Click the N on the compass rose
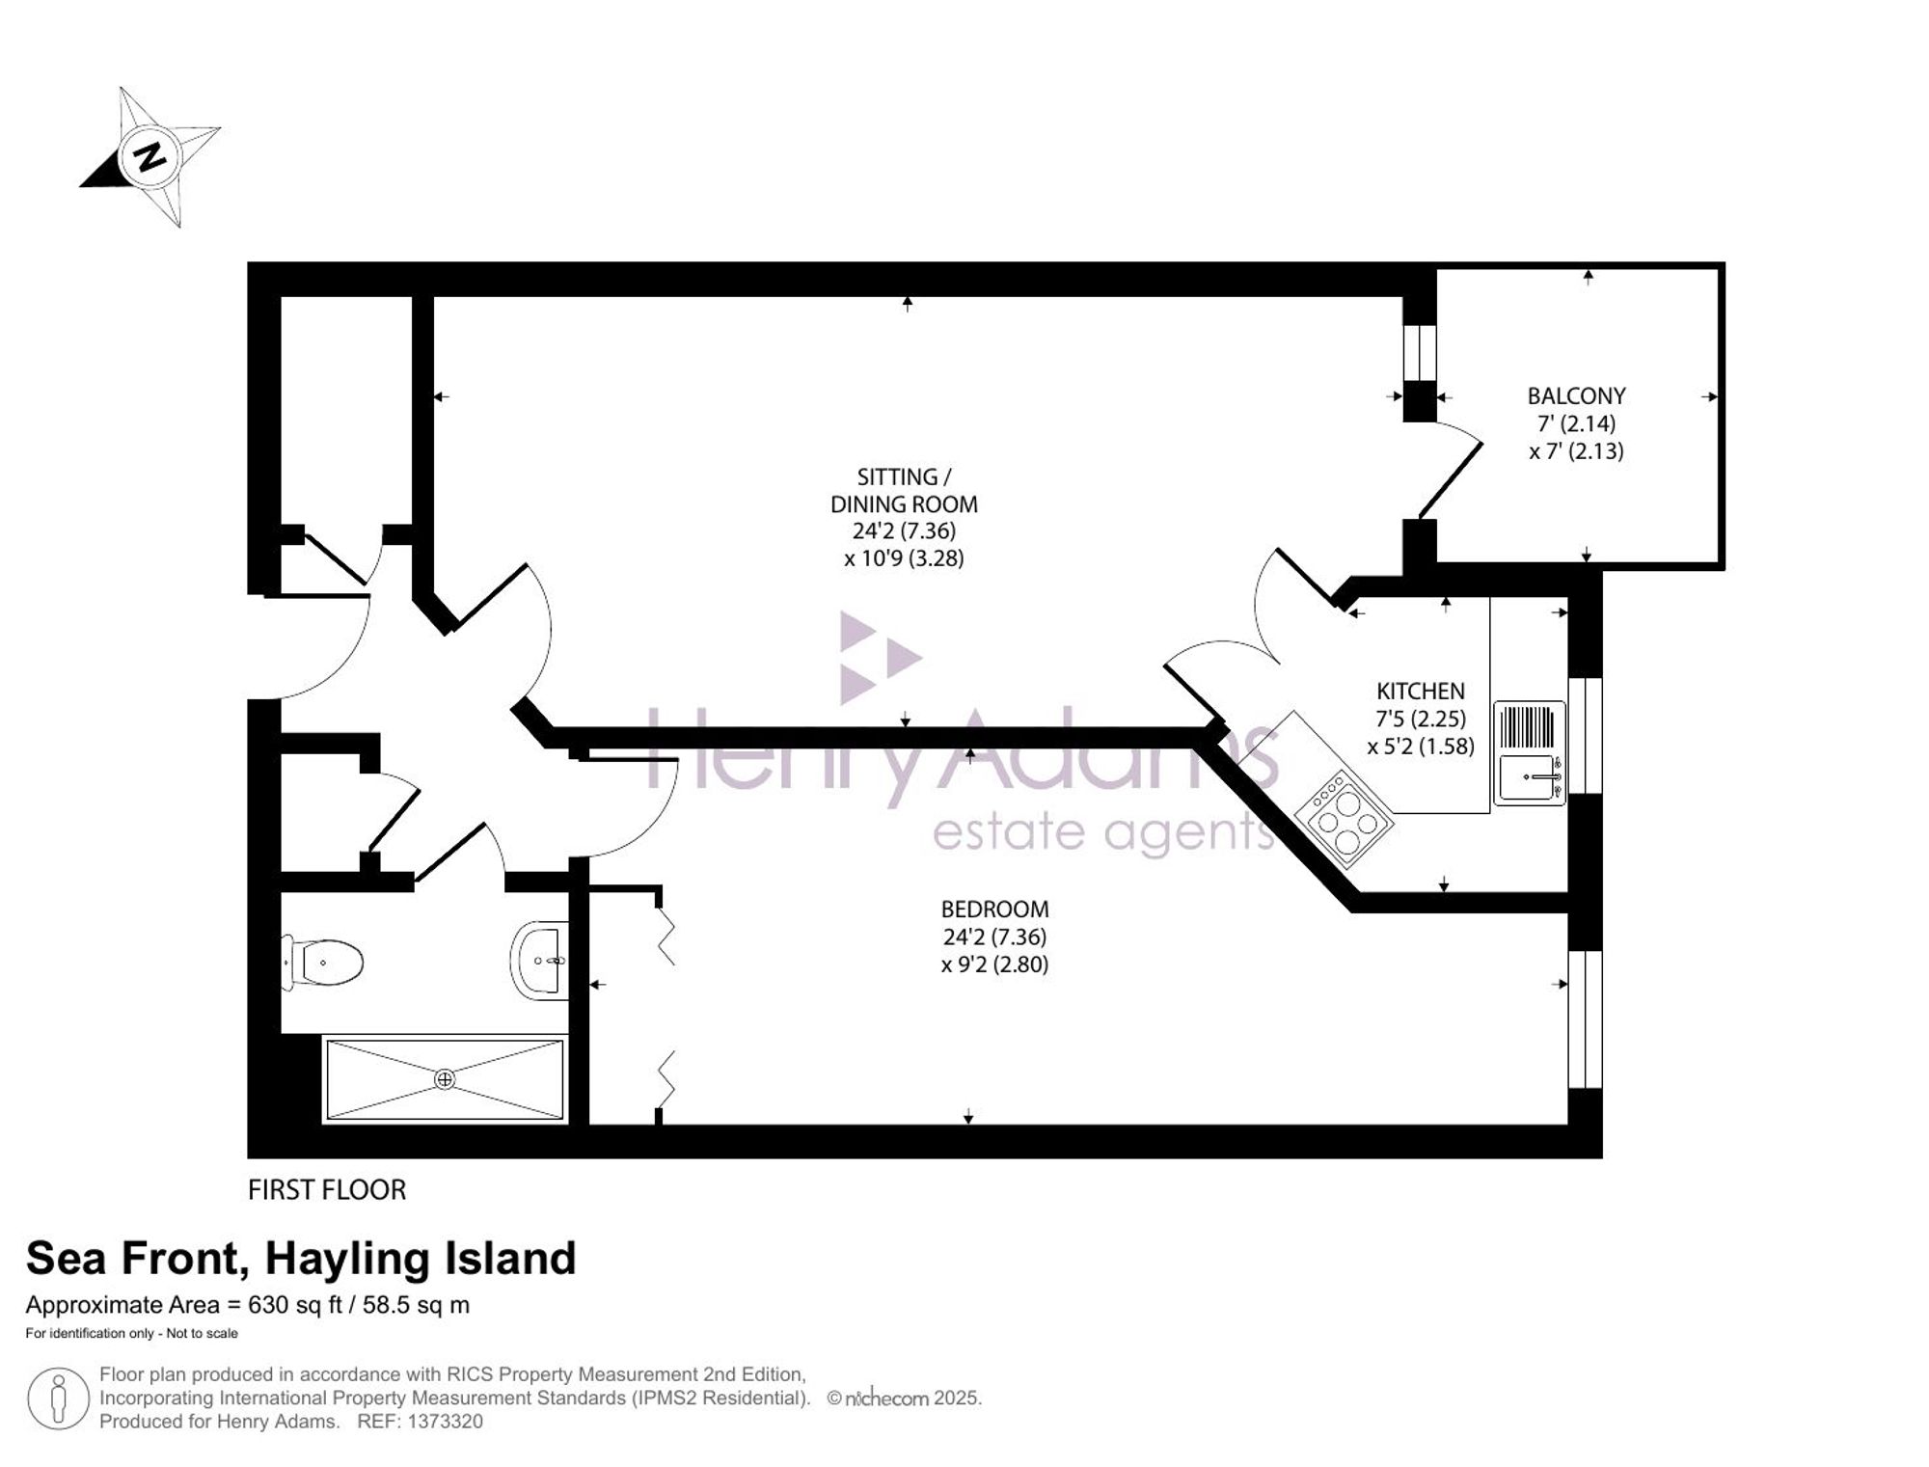click(149, 155)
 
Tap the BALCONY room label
click(1576, 396)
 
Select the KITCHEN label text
click(1420, 692)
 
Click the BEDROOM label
click(994, 910)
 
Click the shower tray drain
click(445, 1079)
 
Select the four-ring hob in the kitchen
click(1344, 812)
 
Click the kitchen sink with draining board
click(1529, 753)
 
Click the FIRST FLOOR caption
click(327, 1190)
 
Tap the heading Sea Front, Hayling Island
click(301, 1259)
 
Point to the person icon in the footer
click(58, 1399)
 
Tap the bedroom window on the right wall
click(1585, 1019)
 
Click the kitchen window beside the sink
click(1585, 735)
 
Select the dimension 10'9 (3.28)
click(904, 558)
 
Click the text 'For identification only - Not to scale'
click(131, 1334)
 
